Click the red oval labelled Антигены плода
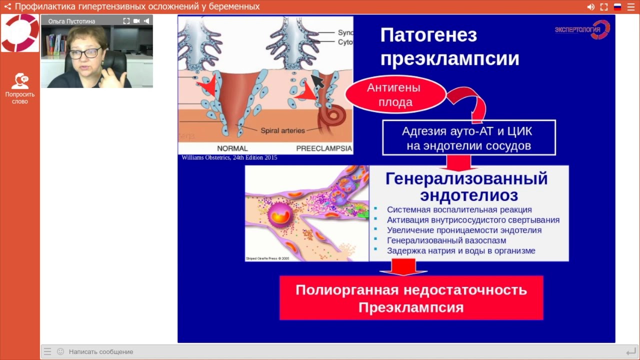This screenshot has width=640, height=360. click(x=395, y=95)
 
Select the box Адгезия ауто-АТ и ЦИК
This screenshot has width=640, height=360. click(x=468, y=138)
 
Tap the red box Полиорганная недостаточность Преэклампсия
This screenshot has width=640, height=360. click(x=411, y=298)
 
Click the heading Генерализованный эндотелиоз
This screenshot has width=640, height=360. click(x=468, y=186)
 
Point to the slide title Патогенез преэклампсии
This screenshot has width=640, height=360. click(x=449, y=46)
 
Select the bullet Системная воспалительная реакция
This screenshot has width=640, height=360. click(x=459, y=210)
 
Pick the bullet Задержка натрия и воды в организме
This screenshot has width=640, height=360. click(x=460, y=250)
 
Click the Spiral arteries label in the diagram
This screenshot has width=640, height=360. click(x=282, y=130)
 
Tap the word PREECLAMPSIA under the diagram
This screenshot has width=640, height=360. click(x=324, y=148)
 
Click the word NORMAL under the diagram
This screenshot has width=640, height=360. click(x=232, y=148)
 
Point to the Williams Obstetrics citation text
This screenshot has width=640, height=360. click(x=229, y=157)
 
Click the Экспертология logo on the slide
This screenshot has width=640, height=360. click(x=582, y=29)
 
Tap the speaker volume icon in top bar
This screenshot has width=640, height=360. click(x=590, y=7)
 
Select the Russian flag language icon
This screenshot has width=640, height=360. click(x=617, y=7)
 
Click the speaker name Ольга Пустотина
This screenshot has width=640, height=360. click(x=71, y=21)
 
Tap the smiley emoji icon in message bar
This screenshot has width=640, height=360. click(x=60, y=351)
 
